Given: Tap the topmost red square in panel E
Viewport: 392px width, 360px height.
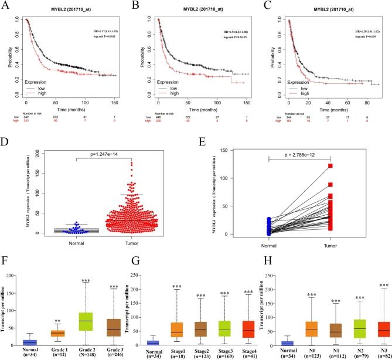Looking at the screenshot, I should click(330, 166).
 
